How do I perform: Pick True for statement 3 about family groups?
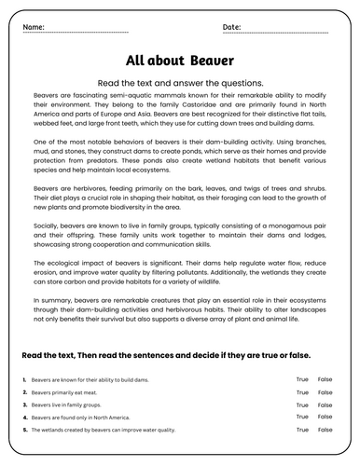tap(302, 405)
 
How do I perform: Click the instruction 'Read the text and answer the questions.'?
tap(180, 82)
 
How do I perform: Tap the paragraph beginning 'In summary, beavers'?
tap(180, 309)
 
